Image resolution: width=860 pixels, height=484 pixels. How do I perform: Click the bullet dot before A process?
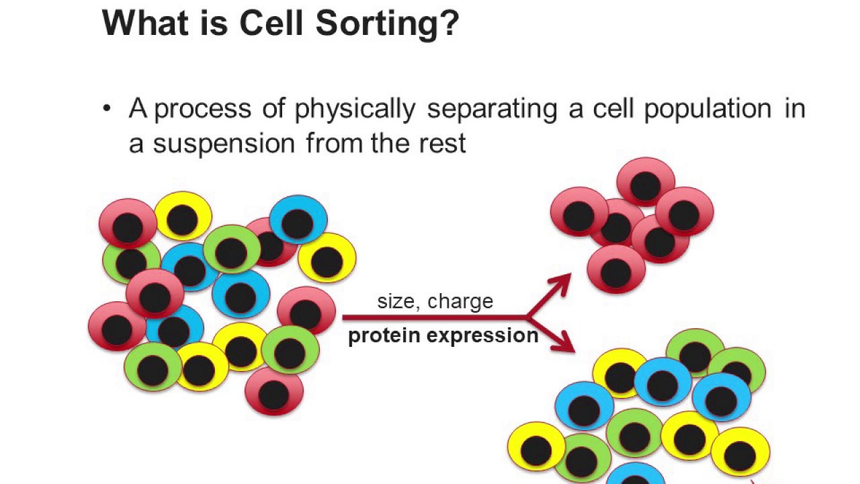click(107, 109)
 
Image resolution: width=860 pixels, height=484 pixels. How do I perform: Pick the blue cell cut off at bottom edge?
click(635, 474)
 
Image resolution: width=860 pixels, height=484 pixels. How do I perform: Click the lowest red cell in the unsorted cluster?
click(274, 394)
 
